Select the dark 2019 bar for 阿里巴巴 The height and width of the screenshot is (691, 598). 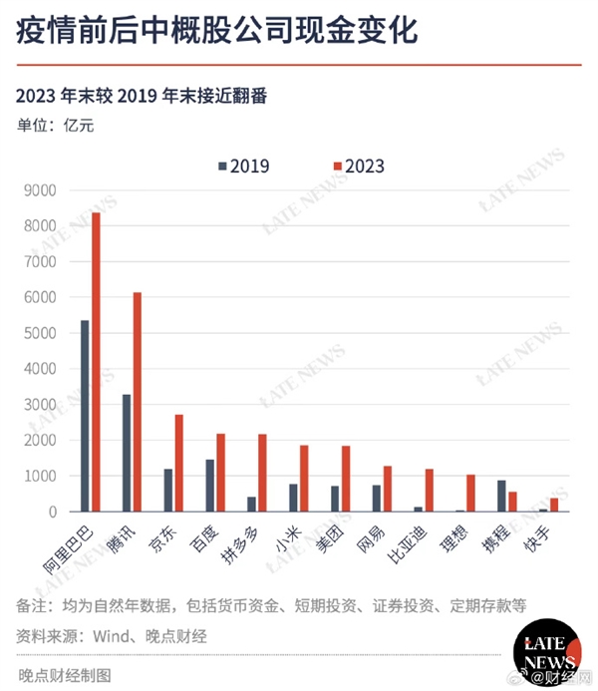tap(85, 416)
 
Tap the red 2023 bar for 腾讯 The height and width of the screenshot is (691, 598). tap(138, 402)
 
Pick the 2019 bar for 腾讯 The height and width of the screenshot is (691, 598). tap(127, 453)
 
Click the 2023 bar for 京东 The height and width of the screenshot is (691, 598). tap(179, 463)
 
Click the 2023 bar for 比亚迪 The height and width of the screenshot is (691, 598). tap(430, 490)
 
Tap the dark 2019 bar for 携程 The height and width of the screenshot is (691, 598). tap(502, 496)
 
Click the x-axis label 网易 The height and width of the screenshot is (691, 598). tap(383, 538)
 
